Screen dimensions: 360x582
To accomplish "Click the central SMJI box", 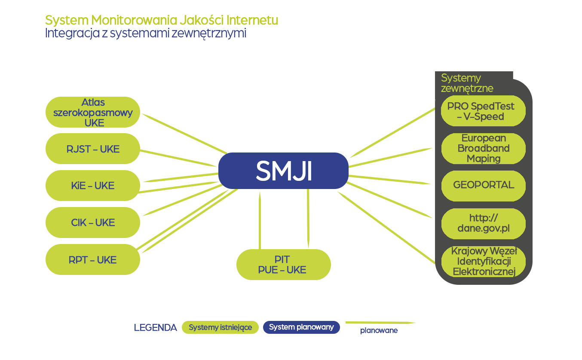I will [283, 171].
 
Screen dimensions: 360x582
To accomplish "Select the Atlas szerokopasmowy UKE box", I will [93, 112].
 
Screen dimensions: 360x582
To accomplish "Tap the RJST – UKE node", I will [93, 149].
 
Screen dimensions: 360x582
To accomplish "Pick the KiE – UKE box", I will [93, 186].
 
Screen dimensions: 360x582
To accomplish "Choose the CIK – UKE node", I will [93, 223].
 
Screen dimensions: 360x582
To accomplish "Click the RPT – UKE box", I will [93, 259].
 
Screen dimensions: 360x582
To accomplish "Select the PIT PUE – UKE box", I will [283, 265].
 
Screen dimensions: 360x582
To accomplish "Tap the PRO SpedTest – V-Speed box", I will [483, 111].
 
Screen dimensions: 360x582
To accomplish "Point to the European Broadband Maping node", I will [483, 148].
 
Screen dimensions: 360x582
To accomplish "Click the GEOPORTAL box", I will [483, 185].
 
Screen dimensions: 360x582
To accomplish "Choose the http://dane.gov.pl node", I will [483, 223].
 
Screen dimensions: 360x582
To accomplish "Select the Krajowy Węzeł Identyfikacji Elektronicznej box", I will [483, 261].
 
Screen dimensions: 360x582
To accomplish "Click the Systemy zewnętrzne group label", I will [467, 83].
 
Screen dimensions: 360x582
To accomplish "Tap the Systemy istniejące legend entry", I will [220, 327].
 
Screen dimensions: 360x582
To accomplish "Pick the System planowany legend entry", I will [301, 327].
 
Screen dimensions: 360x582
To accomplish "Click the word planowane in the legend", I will [379, 331].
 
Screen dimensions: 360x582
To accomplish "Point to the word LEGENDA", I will [155, 328].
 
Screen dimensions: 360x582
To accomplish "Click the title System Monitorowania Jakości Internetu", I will [162, 20].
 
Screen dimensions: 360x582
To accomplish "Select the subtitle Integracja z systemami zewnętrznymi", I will [146, 34].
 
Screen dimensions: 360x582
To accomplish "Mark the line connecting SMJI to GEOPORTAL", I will [389, 180].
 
